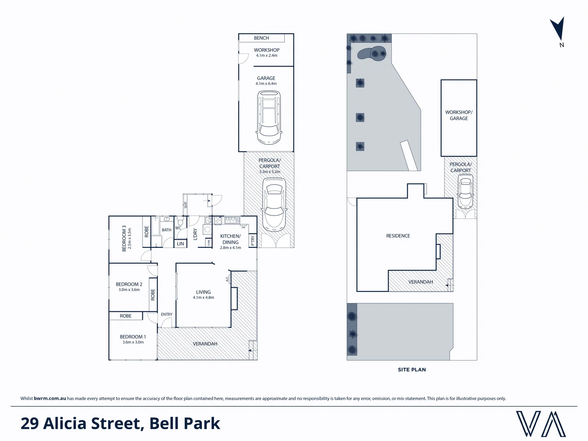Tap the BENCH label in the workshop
click(x=261, y=38)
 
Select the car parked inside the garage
click(x=269, y=117)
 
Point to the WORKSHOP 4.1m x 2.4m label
click(x=266, y=52)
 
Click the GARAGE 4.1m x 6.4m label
click(x=266, y=80)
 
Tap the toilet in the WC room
click(x=180, y=222)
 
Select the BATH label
click(x=167, y=230)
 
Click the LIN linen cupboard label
click(x=180, y=244)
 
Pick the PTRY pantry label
click(x=253, y=241)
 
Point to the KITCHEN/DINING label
click(x=230, y=239)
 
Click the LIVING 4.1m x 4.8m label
click(x=203, y=294)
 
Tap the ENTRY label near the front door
click(x=167, y=314)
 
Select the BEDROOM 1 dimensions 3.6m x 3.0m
click(x=133, y=342)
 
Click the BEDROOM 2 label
click(x=129, y=284)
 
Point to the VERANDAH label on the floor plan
click(x=205, y=344)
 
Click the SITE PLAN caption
click(x=412, y=370)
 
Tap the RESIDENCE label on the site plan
click(x=398, y=236)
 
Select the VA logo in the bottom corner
click(x=541, y=424)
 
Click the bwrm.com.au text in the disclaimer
click(x=50, y=399)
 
